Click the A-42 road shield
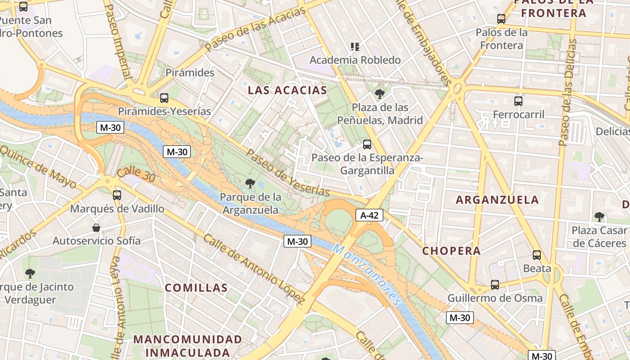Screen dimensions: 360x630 point(369,215)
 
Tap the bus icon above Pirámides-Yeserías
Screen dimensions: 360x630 point(164,98)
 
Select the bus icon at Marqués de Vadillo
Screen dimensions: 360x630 point(117,195)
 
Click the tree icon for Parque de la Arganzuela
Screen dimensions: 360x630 point(250,183)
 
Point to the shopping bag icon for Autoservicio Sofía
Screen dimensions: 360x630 point(96,227)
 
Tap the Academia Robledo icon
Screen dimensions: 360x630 point(355,46)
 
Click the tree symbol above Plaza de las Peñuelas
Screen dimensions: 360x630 point(380,94)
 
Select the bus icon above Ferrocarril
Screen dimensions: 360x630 point(518,101)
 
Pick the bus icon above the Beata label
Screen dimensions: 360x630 point(537,255)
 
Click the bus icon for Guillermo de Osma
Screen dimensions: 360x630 point(495,284)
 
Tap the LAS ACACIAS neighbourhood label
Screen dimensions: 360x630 point(288,90)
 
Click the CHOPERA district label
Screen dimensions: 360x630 point(451,251)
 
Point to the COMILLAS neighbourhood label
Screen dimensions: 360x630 point(196,288)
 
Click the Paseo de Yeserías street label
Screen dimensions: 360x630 point(288,173)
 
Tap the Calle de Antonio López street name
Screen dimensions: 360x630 point(254,268)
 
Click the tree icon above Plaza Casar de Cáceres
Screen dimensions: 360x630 point(599,217)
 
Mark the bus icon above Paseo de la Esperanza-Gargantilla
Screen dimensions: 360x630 point(367,144)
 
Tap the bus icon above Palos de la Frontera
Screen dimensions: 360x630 point(501,19)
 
